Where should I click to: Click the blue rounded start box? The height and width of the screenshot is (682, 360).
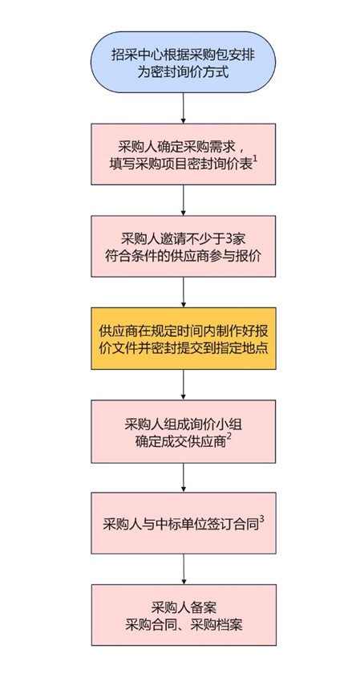coord(183,61)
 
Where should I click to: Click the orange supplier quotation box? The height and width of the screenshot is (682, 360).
coord(183,339)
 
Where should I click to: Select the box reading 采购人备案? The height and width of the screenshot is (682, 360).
coord(184,615)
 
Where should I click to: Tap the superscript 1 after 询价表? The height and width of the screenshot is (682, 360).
coord(256,160)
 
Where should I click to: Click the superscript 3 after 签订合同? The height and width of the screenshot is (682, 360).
coord(261,519)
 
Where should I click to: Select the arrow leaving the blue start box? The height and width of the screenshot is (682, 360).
coord(183,108)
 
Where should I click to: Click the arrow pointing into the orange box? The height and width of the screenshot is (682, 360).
coord(183,292)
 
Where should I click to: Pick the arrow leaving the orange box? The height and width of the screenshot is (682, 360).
coord(183,385)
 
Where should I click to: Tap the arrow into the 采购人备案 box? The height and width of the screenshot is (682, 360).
coord(184,569)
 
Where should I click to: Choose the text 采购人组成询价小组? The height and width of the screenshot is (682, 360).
coord(183,424)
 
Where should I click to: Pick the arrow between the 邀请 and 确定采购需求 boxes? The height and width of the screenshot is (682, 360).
coord(183,200)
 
